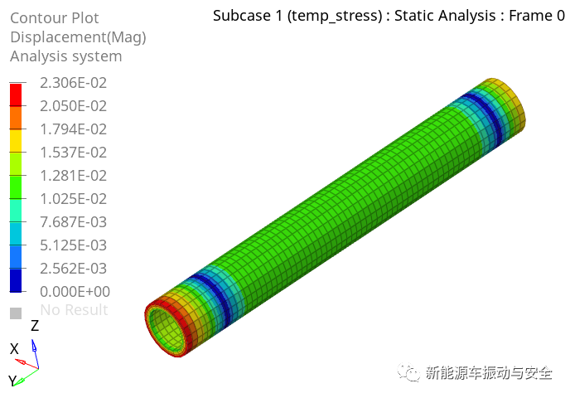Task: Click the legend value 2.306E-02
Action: (x=73, y=83)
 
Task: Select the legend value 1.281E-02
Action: (x=73, y=176)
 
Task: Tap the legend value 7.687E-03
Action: (x=73, y=222)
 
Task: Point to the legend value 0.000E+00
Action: (x=75, y=291)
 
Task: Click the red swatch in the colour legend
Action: (x=16, y=95)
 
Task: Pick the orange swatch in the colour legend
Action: (x=16, y=118)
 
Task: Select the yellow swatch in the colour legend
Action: (x=16, y=141)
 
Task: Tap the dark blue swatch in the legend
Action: (x=16, y=280)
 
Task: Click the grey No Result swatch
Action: (x=16, y=313)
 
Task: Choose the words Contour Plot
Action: (x=55, y=17)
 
